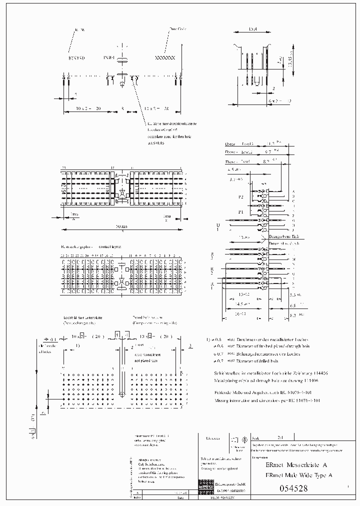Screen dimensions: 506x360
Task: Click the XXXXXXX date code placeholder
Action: [165, 58]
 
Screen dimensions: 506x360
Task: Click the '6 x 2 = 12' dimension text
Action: [280, 101]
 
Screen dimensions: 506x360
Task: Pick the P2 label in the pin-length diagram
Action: [240, 197]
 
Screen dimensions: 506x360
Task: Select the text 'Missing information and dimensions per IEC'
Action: [267, 400]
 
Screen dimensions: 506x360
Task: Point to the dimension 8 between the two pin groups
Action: [122, 108]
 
